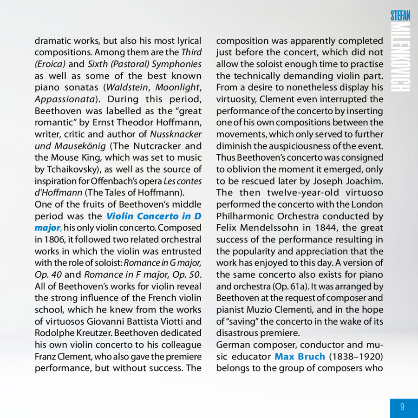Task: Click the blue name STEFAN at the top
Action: (400, 15)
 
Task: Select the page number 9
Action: (402, 407)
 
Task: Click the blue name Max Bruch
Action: (300, 357)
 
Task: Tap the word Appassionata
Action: (65, 99)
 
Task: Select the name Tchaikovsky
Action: (63, 170)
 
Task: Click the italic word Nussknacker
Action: (176, 134)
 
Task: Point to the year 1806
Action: (52, 240)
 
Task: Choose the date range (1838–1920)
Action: (356, 357)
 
